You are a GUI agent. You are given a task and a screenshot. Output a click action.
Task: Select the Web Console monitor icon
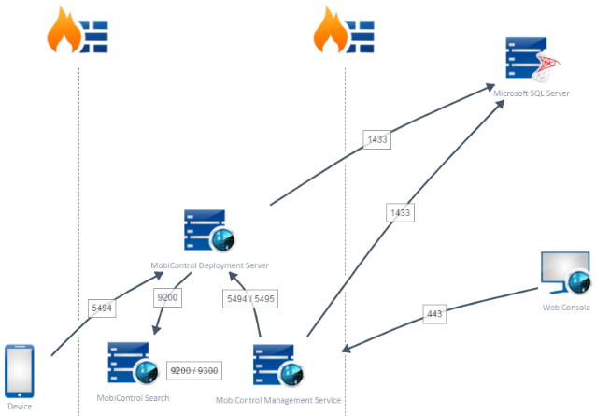click(x=565, y=274)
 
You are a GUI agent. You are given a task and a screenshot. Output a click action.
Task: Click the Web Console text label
click(x=566, y=308)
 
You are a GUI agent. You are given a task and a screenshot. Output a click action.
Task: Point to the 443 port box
click(x=433, y=314)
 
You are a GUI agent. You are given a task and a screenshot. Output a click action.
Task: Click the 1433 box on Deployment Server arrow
click(x=377, y=139)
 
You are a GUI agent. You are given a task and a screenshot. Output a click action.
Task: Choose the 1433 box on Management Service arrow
click(x=400, y=213)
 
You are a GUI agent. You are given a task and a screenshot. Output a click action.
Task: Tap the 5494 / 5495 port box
click(x=250, y=299)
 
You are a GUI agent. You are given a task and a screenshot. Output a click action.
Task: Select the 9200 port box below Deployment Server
click(x=167, y=298)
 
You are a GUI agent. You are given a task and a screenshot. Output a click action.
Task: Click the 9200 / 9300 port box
click(x=193, y=370)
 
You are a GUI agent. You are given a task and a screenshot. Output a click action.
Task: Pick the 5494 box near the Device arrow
click(x=101, y=307)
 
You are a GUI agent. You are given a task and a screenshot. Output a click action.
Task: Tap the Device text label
click(x=20, y=407)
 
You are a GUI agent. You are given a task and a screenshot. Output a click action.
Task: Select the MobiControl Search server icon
click(x=131, y=364)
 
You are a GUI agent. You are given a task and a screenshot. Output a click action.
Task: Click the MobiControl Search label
click(x=134, y=397)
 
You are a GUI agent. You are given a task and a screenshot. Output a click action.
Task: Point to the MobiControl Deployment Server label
click(x=210, y=265)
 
